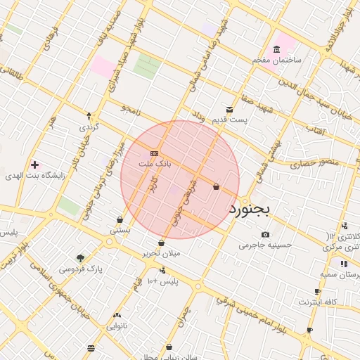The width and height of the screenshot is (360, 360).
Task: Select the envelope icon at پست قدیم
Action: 230,109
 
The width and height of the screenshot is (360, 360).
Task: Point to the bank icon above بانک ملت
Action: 155,153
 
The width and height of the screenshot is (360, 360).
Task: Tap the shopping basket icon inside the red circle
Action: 215,186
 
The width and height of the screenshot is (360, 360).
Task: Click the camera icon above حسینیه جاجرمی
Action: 265,234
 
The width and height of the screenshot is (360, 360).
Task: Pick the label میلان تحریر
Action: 162,253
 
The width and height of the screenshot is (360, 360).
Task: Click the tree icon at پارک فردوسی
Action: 79,258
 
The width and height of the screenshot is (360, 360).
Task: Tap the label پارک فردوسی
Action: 79,269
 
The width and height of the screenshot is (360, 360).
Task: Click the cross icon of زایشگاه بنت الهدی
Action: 34,165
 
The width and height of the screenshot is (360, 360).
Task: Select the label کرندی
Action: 89,127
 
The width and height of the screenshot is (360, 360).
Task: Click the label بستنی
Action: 120,230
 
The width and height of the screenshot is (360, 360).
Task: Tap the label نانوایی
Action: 117,326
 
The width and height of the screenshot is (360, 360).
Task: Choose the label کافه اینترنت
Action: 318,302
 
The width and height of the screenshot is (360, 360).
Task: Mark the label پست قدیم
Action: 231,120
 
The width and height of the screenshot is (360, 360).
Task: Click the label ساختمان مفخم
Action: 277,60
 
